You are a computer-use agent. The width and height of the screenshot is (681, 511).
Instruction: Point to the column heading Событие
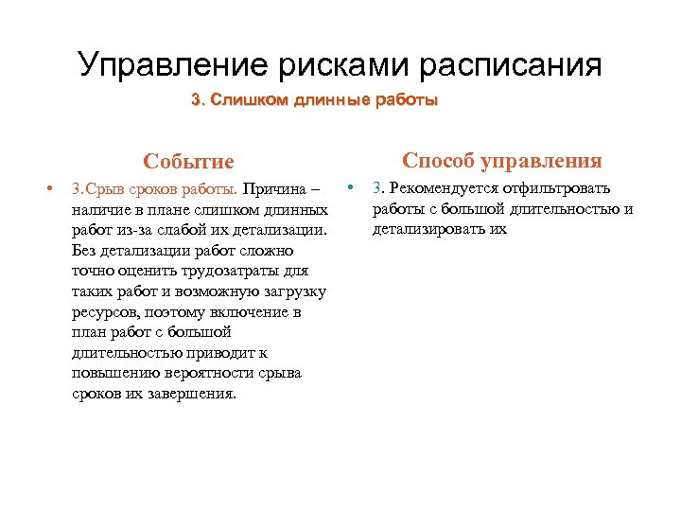pos(188,162)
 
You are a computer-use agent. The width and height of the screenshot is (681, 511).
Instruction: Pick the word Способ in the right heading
pos(442,160)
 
